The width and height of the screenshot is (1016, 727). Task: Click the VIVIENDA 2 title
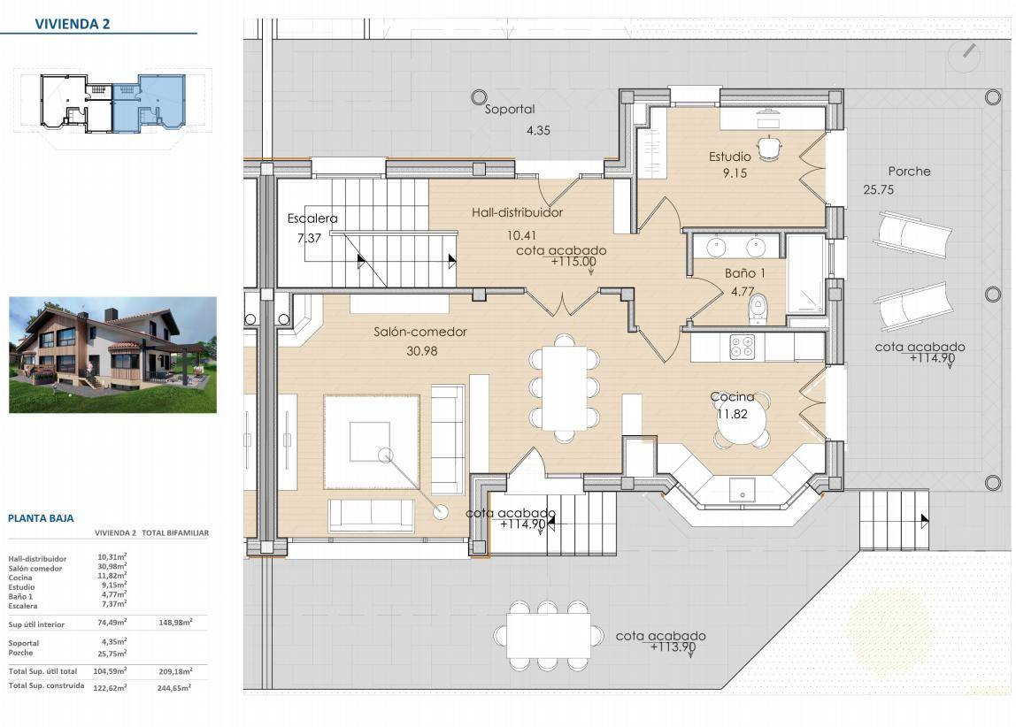73,24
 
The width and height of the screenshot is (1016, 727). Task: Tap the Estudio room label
729,156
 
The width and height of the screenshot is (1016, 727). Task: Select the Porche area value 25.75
878,189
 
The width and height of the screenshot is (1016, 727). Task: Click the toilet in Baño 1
757,309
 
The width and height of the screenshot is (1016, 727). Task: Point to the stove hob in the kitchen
742,347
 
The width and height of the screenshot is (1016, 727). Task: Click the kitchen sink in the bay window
742,490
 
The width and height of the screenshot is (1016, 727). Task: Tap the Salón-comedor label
419,332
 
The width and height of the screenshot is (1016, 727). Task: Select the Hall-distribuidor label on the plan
517,212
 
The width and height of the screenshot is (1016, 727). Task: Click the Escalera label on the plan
312,218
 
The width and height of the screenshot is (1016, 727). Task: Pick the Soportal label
510,110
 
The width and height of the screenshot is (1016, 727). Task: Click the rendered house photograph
112,355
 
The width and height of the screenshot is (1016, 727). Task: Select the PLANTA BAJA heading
41,518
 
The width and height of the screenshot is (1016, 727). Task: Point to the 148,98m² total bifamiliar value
175,622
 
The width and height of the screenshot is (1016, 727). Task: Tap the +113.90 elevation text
673,647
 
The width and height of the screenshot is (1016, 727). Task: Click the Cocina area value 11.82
732,414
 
